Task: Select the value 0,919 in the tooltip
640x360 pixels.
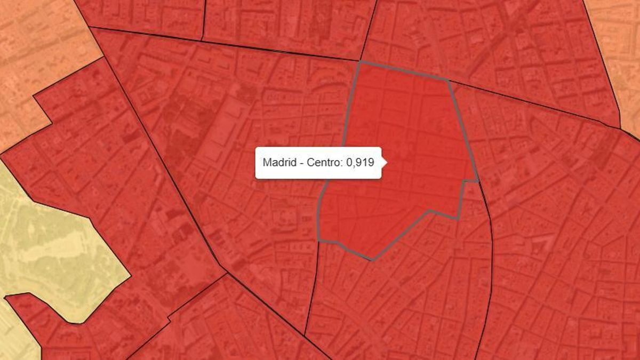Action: pos(360,163)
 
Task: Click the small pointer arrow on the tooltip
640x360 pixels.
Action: pos(383,162)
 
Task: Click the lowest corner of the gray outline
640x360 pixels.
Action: pos(372,260)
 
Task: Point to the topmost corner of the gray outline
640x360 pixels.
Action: pos(360,62)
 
